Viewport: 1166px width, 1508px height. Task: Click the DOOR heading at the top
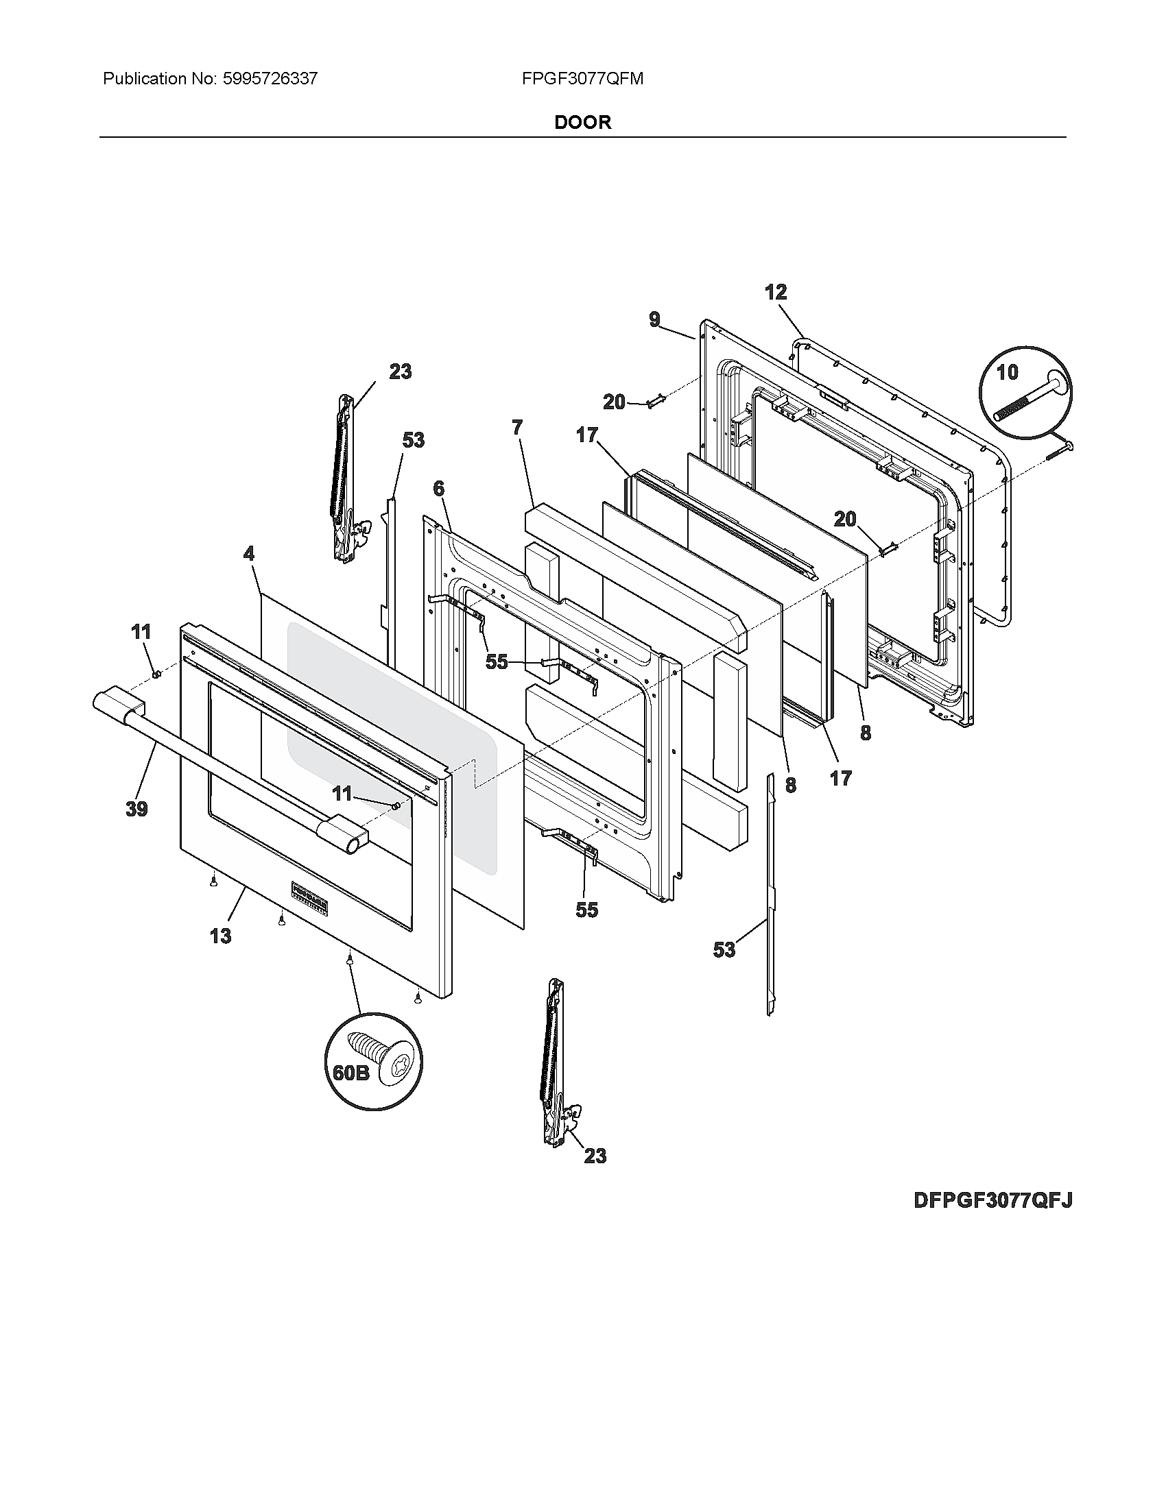(582, 122)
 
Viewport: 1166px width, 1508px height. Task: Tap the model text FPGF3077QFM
(582, 79)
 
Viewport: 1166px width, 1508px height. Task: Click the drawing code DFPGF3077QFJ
(992, 1200)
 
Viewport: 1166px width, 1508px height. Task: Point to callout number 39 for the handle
(136, 809)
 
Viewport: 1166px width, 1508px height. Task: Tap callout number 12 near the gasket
(776, 292)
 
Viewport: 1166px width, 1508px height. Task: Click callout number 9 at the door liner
(654, 319)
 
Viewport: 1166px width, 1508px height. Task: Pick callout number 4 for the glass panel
(249, 553)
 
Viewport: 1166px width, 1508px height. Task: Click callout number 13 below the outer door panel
(220, 936)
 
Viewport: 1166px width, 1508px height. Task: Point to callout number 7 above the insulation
(517, 428)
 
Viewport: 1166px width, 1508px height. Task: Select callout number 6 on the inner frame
(439, 488)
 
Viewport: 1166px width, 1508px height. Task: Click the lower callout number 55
(586, 910)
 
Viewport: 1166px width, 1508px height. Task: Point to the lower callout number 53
(724, 950)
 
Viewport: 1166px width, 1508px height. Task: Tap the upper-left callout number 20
(614, 401)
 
